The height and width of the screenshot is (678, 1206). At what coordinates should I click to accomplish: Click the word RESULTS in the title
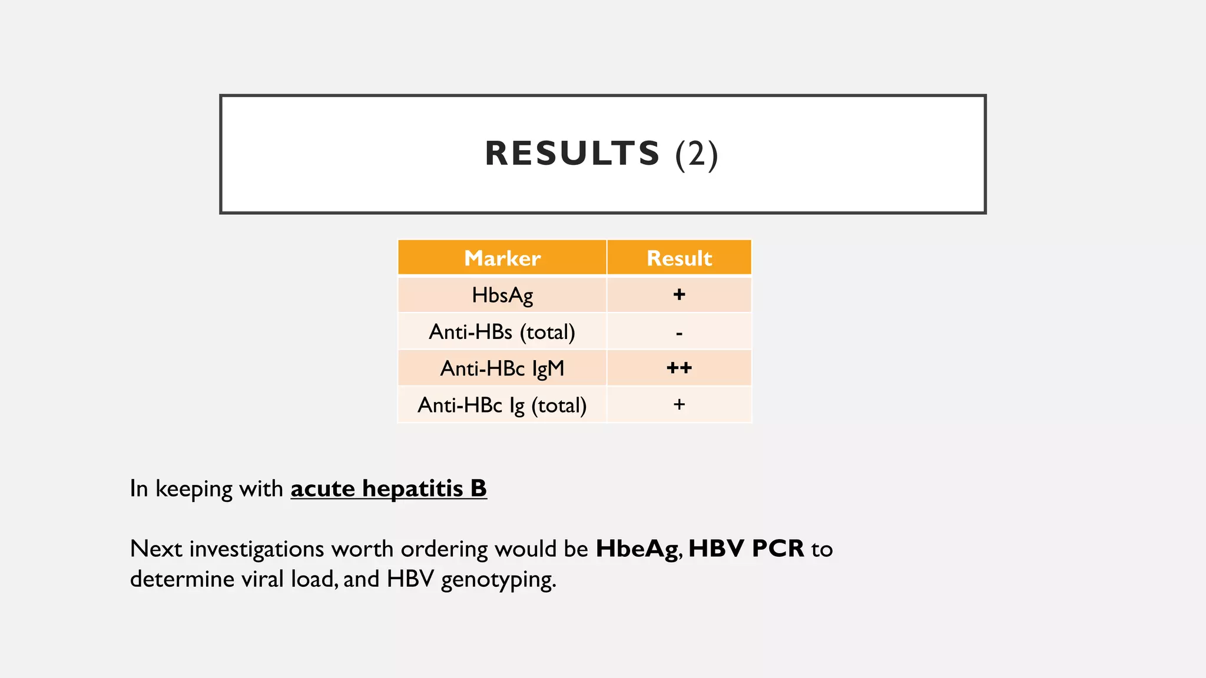pos(572,154)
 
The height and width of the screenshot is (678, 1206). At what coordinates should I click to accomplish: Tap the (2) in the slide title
pos(697,154)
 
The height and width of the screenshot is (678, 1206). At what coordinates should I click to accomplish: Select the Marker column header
pos(502,258)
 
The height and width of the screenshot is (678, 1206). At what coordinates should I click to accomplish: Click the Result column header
pos(679,258)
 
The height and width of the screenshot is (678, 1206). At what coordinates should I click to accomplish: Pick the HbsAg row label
pos(502,295)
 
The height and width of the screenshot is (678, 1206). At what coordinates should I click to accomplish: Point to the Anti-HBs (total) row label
pos(502,332)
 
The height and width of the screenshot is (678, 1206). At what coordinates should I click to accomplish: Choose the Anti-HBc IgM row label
pos(502,368)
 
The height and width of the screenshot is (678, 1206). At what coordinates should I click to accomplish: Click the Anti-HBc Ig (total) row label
pos(502,405)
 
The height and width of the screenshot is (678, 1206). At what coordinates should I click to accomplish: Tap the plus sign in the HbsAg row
pos(679,294)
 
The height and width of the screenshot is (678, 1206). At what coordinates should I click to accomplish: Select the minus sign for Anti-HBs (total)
pos(679,334)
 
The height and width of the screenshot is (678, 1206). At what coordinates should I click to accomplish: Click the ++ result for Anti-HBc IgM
pos(679,368)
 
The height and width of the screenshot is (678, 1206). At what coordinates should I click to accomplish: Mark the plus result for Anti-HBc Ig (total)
pos(679,404)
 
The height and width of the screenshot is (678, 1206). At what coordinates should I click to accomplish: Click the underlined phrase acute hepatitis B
pos(389,488)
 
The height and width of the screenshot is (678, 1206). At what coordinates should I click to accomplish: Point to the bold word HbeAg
pos(637,549)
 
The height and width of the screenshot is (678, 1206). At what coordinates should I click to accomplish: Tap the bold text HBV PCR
pos(746,549)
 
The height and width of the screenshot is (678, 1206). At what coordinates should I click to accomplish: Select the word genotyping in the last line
pos(498,580)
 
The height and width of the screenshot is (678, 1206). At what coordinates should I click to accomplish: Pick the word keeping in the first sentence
pos(194,489)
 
